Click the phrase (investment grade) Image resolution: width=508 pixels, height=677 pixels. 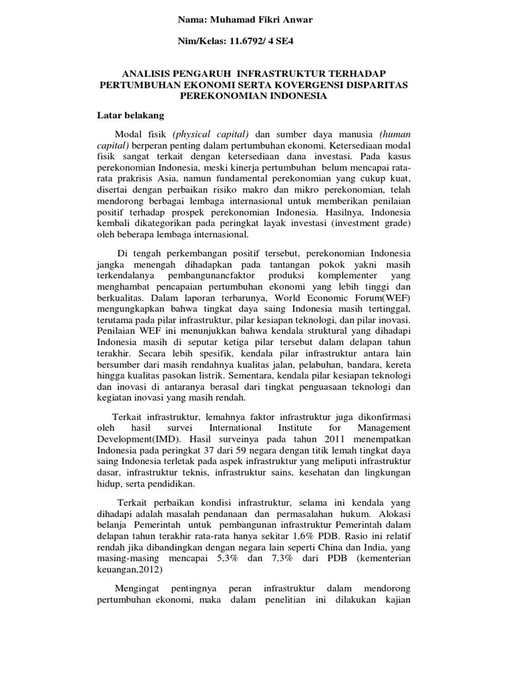pos(371,223)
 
